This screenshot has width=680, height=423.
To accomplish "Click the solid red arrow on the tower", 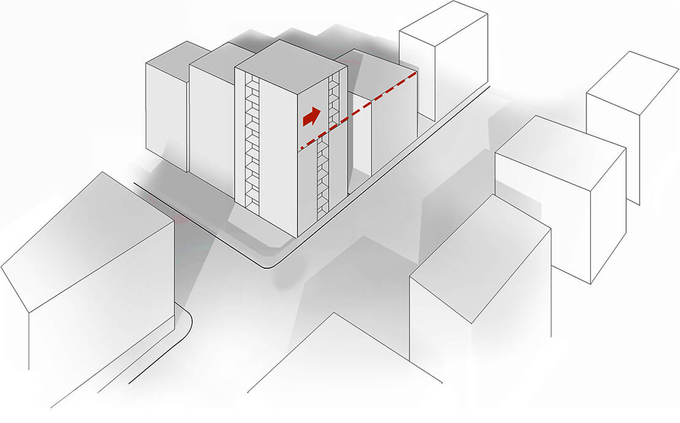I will pyautogui.click(x=312, y=116).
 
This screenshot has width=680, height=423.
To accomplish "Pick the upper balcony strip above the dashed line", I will pyautogui.click(x=334, y=101).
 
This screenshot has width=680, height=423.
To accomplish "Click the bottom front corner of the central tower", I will pyautogui.click(x=297, y=236).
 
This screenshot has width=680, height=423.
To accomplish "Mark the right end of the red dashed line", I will pyautogui.click(x=417, y=73).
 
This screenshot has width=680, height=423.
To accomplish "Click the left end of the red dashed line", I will pyautogui.click(x=299, y=149).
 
